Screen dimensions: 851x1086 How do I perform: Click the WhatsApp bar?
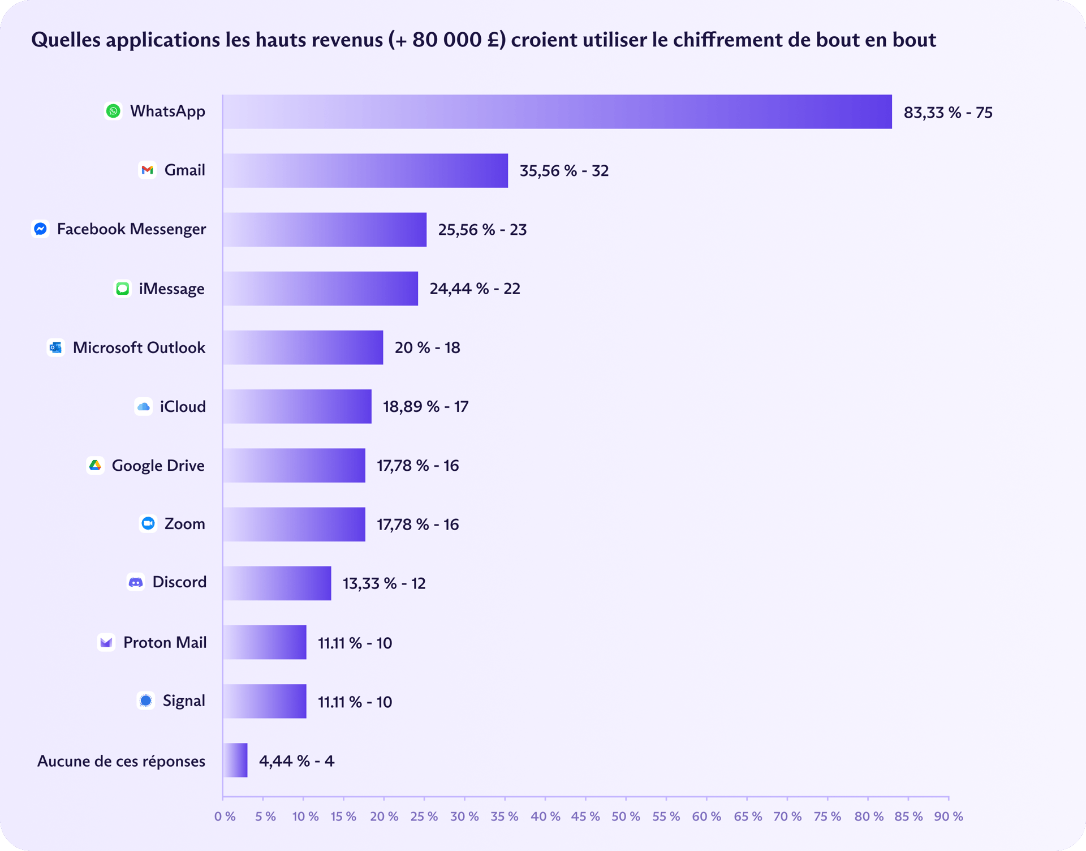coord(557,111)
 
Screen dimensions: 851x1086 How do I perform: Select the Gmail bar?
coord(365,170)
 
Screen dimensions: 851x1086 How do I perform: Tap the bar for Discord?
coord(277,583)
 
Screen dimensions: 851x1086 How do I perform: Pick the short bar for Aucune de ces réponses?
coord(235,760)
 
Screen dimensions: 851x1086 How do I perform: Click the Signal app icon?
coord(146,700)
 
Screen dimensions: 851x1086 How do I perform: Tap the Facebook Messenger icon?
coord(40,229)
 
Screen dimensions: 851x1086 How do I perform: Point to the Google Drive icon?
coord(95,465)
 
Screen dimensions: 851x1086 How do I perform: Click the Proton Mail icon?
coord(106,642)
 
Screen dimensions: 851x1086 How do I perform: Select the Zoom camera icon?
coord(148,523)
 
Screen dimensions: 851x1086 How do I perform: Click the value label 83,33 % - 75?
coord(948,113)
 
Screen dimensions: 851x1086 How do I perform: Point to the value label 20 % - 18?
coord(427,347)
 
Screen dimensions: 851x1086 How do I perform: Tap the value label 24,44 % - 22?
coord(475,289)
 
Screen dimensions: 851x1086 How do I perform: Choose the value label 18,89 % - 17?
coord(425,406)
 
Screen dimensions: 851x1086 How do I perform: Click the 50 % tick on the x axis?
coord(626,816)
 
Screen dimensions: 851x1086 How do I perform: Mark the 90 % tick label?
coord(949,816)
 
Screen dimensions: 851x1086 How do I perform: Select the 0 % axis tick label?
coord(225,816)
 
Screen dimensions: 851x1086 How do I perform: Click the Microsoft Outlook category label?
coord(139,347)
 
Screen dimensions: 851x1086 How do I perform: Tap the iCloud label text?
coord(183,406)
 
